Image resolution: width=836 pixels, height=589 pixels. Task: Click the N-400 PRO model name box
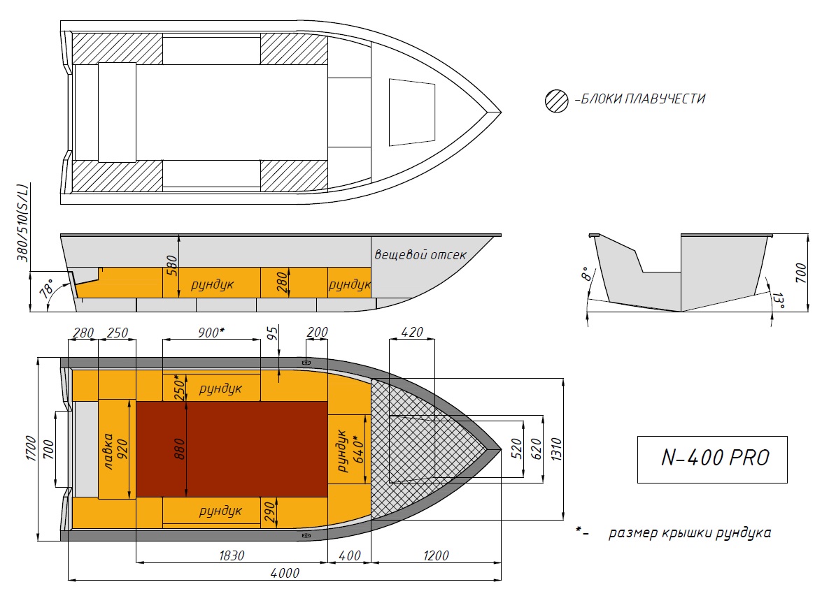point(711,460)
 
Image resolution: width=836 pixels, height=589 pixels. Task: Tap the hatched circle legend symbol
point(557,101)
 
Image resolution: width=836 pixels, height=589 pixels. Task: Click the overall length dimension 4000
point(285,573)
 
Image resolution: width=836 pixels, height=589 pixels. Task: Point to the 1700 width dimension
point(31,449)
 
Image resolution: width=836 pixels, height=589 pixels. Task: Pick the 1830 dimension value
point(232,555)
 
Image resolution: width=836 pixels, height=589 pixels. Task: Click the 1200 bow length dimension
point(436,555)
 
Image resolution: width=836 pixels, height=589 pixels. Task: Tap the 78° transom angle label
point(47,289)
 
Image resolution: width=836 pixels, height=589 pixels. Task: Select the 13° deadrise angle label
point(778,300)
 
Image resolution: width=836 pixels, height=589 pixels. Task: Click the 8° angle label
point(586,275)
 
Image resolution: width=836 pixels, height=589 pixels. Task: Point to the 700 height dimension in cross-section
point(801,272)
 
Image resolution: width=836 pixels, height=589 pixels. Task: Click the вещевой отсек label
point(420,254)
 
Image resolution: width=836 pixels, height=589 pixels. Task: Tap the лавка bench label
point(108,451)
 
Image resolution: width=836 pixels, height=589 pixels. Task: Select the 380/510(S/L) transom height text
point(22,223)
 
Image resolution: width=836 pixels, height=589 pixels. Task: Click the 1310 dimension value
point(557,449)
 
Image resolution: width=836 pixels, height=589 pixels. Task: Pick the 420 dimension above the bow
point(411,332)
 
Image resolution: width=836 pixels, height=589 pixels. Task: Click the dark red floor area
point(232,449)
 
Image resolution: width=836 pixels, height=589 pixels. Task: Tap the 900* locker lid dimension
point(211,333)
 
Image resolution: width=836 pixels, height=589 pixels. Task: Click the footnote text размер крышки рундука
point(689,533)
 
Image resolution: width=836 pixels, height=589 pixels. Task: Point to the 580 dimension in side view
point(171,266)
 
